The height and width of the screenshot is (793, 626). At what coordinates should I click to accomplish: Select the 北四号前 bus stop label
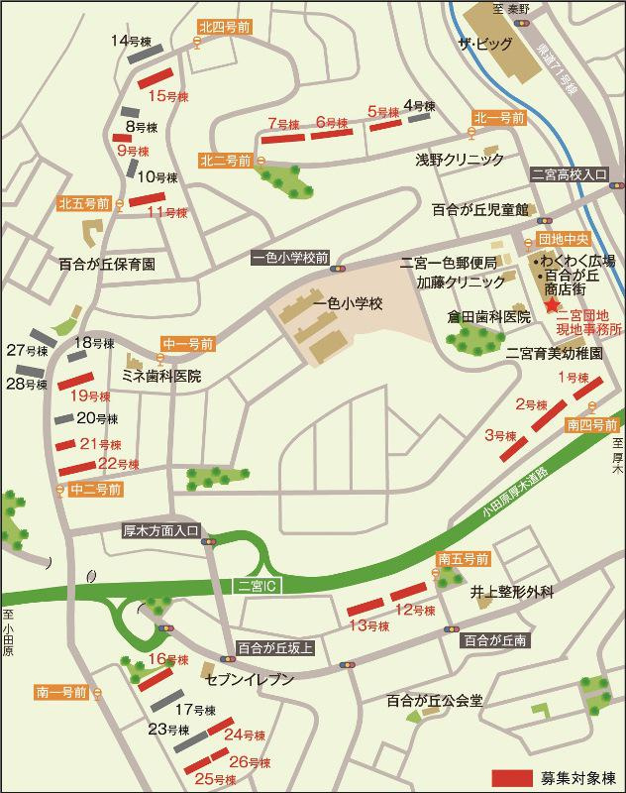225,28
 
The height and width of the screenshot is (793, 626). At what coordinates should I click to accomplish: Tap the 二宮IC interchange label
261,586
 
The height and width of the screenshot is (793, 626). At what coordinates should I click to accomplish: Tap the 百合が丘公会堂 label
435,701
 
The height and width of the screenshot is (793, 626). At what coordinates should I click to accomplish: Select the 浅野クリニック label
460,159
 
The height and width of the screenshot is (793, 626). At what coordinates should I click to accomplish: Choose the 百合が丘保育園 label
107,265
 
